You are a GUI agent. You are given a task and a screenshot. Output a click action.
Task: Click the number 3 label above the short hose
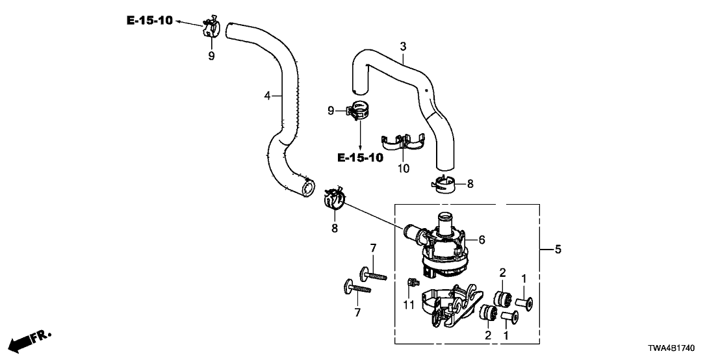(403, 46)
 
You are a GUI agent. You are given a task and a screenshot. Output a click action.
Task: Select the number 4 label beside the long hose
(267, 96)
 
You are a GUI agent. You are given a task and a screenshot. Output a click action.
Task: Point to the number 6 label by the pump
(482, 240)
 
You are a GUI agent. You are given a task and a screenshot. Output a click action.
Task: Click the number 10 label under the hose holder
(403, 168)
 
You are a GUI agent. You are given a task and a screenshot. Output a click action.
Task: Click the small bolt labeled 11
(411, 283)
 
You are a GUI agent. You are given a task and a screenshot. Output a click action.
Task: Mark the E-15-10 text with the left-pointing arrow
(149, 21)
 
